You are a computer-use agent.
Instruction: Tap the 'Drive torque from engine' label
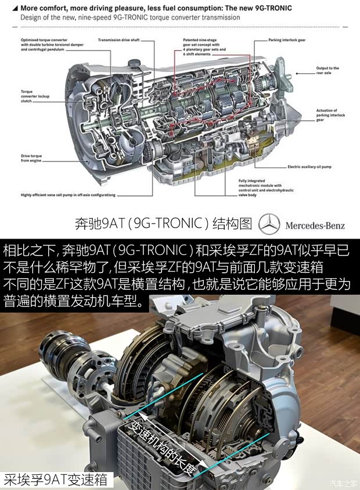coord(34,158)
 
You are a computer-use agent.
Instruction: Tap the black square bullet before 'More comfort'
coord(15,8)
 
